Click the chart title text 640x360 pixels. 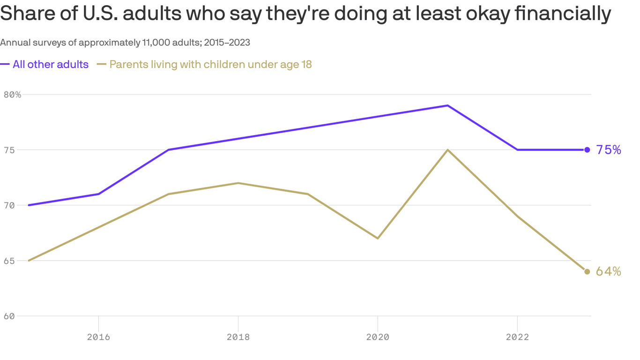[x=305, y=14]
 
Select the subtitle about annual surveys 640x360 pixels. [x=125, y=43]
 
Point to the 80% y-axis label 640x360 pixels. [x=12, y=94]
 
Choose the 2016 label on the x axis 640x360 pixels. [x=98, y=337]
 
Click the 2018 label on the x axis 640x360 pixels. [x=238, y=337]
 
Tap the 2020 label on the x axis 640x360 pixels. [x=378, y=337]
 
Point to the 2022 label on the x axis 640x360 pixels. [x=517, y=337]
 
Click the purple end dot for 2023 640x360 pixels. [x=587, y=150]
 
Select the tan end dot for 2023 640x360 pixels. [x=587, y=272]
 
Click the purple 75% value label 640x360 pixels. [x=609, y=150]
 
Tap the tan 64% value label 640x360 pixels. [x=609, y=272]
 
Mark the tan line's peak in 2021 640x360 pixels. [x=448, y=150]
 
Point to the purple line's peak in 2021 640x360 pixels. [x=448, y=105]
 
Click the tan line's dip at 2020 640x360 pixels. [x=378, y=238]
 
